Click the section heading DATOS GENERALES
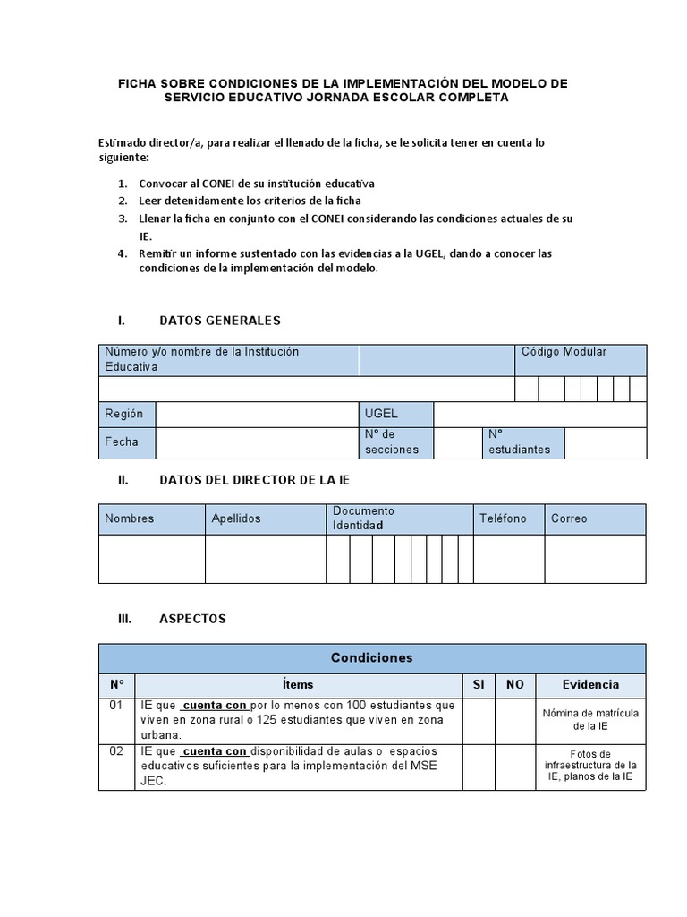(x=219, y=321)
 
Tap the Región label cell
(x=127, y=415)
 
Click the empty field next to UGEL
(x=539, y=415)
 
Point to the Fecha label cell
(x=127, y=442)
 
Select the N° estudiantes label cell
(x=523, y=442)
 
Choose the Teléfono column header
(x=508, y=518)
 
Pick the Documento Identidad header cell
(x=399, y=518)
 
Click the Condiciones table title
(x=372, y=657)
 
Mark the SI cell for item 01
(x=479, y=720)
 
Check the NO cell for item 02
(x=514, y=767)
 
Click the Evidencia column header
(x=590, y=685)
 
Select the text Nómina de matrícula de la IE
(x=590, y=720)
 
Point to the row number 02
(x=116, y=752)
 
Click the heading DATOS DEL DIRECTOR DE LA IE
(x=254, y=480)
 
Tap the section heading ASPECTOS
(x=192, y=619)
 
